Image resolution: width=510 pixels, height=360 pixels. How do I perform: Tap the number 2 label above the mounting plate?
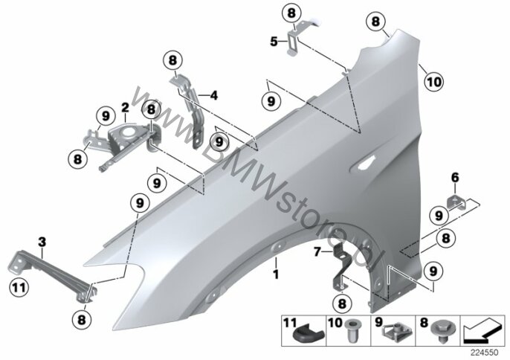point(126,107)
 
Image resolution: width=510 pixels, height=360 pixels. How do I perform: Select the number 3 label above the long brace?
point(42,241)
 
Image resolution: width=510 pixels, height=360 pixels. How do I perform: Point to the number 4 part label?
point(213,95)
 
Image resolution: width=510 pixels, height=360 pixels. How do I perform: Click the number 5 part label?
point(274,42)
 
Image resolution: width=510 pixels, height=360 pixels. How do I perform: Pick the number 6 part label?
point(455,177)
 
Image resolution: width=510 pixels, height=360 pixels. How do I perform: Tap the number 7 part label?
point(317,253)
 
